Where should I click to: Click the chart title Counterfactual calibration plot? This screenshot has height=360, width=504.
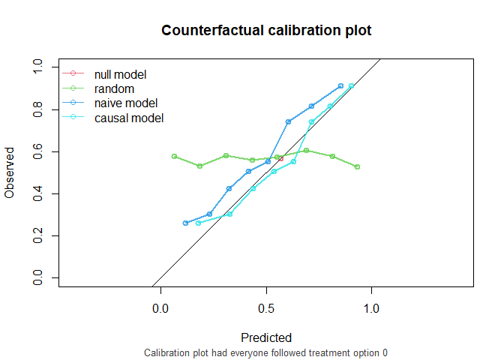266,31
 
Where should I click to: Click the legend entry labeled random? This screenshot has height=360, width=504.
115,88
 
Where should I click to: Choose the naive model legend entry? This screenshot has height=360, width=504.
126,103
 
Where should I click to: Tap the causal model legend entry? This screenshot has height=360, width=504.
129,118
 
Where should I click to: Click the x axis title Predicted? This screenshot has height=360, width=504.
266,337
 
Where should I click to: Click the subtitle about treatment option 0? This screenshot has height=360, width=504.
266,352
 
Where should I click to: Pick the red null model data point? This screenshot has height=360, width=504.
280,158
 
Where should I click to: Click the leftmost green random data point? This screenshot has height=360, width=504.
174,156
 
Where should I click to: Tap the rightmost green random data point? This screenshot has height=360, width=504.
358,166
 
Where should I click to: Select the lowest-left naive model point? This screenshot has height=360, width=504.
185,223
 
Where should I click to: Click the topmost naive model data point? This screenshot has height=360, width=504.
340,86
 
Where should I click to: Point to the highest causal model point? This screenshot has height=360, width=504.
351,86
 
